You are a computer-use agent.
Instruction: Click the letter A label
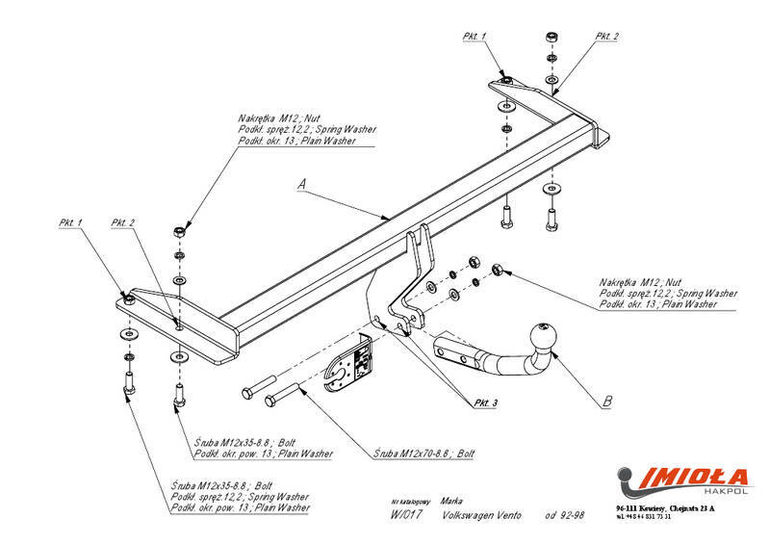[303, 182]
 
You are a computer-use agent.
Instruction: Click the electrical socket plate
[350, 366]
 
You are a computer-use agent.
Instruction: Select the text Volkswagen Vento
[481, 516]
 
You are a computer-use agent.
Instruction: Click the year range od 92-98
[564, 516]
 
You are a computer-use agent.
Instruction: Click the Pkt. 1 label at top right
[475, 36]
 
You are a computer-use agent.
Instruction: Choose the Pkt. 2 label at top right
[607, 36]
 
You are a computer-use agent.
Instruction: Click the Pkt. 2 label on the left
[123, 222]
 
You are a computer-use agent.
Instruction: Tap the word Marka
[450, 502]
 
